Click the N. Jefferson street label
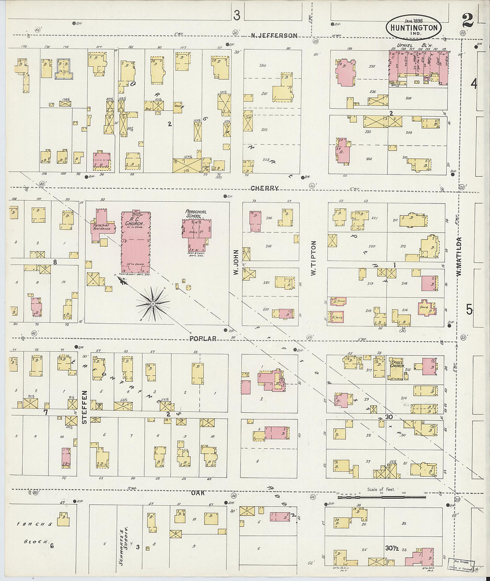click(274, 36)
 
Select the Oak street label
click(198, 493)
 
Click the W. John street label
click(236, 264)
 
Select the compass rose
click(153, 304)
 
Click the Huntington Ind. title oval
click(414, 26)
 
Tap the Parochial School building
click(196, 232)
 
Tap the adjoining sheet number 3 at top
click(237, 16)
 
